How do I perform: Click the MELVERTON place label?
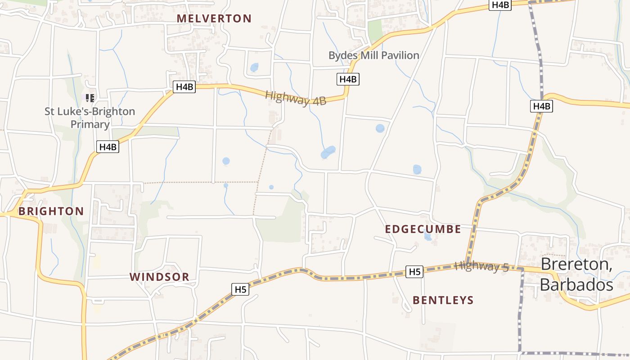click(214, 18)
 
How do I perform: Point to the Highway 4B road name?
click(295, 98)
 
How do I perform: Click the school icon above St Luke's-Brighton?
click(90, 98)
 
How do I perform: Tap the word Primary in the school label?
click(90, 124)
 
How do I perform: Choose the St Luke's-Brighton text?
click(90, 111)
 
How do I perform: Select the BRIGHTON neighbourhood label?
click(51, 211)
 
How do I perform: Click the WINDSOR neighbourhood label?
click(159, 277)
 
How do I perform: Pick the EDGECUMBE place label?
click(423, 229)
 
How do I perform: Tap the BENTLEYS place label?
click(443, 300)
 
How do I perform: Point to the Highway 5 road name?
click(481, 266)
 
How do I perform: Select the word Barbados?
click(576, 285)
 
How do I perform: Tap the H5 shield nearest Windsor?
click(241, 289)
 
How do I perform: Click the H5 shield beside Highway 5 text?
click(414, 272)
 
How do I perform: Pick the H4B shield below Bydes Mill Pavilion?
click(348, 79)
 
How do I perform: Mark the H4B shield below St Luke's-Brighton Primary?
click(108, 147)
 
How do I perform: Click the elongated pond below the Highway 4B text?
click(328, 152)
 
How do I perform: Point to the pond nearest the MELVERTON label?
click(254, 67)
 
